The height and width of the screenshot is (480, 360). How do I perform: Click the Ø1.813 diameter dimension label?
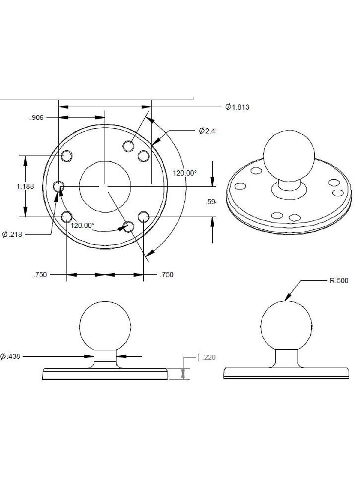(x=237, y=107)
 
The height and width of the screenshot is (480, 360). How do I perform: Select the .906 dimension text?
(x=37, y=118)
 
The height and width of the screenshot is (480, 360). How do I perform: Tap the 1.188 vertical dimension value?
(x=25, y=186)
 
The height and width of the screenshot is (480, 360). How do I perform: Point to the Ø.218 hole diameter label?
(x=12, y=235)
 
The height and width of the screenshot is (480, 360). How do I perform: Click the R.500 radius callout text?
(x=339, y=281)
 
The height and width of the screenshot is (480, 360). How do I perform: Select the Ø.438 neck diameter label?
(x=10, y=357)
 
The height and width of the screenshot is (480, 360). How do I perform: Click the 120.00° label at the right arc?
(x=185, y=173)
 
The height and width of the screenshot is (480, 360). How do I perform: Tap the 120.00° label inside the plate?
(x=82, y=226)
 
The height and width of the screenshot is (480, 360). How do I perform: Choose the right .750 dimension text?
(x=167, y=275)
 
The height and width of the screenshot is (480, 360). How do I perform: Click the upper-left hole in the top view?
(x=67, y=155)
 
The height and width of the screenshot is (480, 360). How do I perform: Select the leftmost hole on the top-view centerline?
(x=58, y=186)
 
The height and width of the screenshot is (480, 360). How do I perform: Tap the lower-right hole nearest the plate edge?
(x=144, y=216)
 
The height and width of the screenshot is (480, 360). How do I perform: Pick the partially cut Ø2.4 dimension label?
(x=208, y=131)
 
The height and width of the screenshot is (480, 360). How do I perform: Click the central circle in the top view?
(x=105, y=186)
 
